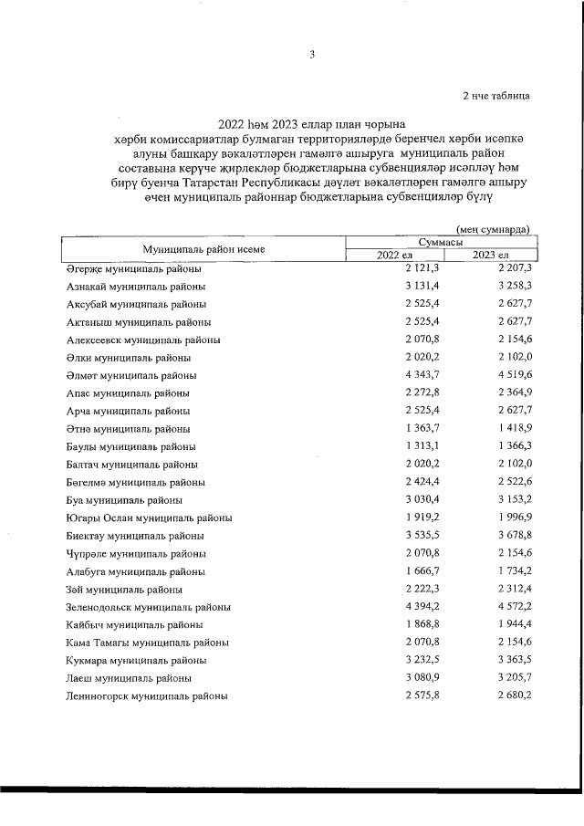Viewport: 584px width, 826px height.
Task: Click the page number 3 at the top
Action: tap(311, 55)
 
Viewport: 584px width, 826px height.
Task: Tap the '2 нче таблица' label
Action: tap(495, 94)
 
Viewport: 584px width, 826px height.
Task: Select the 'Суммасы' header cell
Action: tap(439, 243)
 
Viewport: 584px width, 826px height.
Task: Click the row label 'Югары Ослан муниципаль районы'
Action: tap(149, 518)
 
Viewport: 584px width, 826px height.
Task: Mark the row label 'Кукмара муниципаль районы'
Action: tap(136, 660)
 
